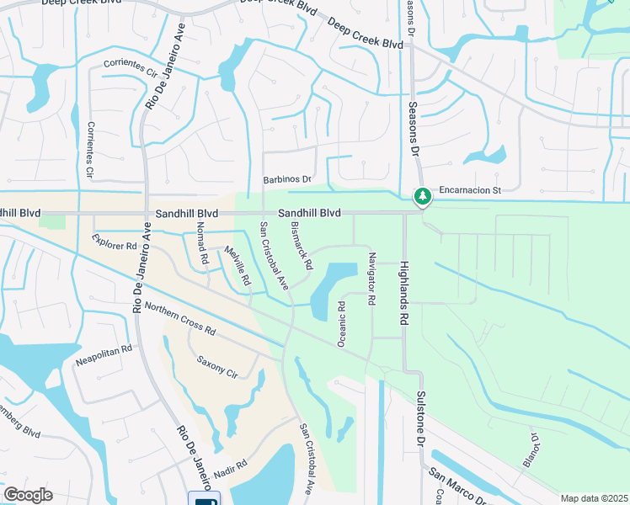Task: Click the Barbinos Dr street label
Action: [x=287, y=179]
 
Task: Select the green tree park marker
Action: [x=422, y=196]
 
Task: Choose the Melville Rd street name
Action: [x=238, y=264]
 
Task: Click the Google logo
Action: [x=29, y=494]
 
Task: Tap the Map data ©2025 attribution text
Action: [x=594, y=498]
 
